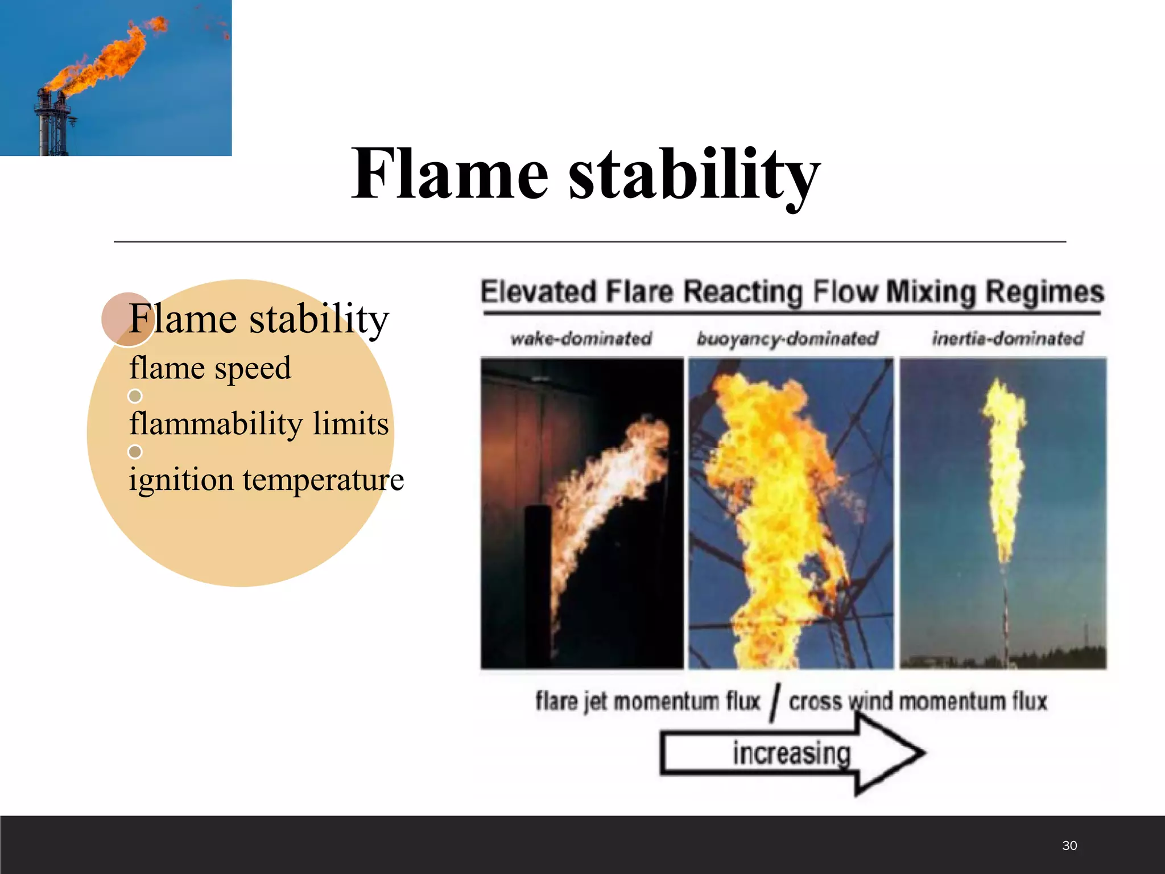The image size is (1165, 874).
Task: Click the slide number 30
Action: click(x=1069, y=846)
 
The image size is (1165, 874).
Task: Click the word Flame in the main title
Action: click(x=449, y=174)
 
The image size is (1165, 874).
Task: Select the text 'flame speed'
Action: click(x=210, y=368)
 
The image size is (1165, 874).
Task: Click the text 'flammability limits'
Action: click(x=259, y=424)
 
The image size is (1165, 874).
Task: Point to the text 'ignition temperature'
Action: click(x=266, y=479)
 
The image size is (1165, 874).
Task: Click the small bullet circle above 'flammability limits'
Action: click(x=135, y=395)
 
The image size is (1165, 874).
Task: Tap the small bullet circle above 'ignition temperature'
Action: click(x=135, y=452)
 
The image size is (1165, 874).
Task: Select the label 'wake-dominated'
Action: click(x=581, y=339)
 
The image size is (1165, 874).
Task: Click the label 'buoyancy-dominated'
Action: click(x=787, y=339)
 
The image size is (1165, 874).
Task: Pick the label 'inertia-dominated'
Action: click(x=1007, y=339)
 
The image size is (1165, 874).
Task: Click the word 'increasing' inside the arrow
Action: click(x=791, y=753)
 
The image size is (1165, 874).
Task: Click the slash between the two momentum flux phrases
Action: click(x=775, y=703)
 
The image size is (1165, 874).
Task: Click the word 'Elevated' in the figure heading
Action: click(x=538, y=292)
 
